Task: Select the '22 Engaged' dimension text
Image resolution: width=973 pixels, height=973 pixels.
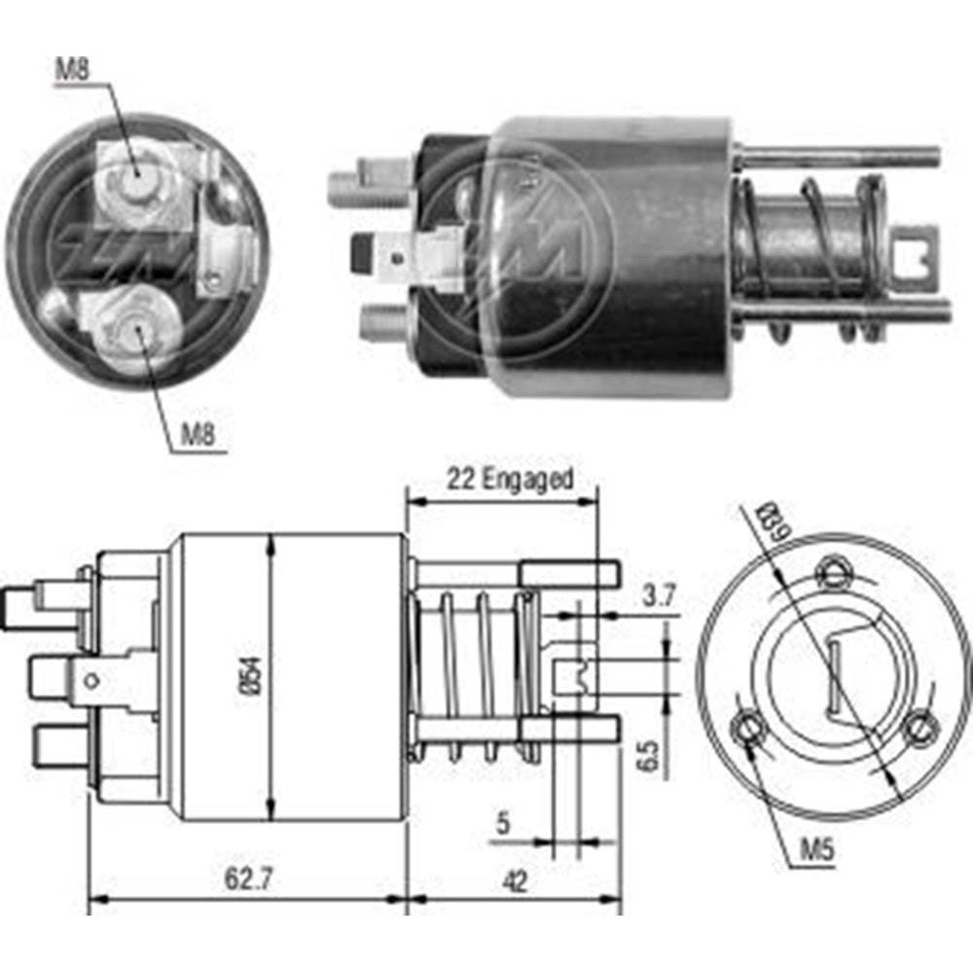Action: point(510,480)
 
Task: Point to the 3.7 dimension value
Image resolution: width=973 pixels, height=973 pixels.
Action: point(659,597)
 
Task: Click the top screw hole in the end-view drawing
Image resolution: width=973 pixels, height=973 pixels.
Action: point(832,570)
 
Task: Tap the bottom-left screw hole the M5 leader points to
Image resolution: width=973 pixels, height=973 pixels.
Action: point(749,728)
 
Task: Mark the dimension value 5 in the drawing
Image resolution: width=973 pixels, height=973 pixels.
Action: point(503,824)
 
